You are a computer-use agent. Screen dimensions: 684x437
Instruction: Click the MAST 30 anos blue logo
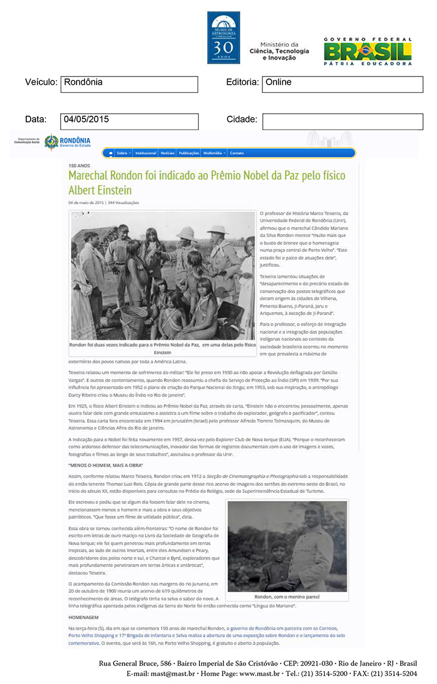(223, 38)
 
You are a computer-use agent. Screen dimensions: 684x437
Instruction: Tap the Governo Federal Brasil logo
(367, 51)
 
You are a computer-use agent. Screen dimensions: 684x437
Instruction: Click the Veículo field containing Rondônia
(129, 84)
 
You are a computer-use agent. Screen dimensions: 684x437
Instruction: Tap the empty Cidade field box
(342, 121)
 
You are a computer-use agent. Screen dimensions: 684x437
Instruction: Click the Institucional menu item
(146, 153)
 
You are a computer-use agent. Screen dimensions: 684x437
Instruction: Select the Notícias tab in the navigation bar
(168, 153)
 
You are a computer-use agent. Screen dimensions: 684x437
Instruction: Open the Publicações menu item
(189, 153)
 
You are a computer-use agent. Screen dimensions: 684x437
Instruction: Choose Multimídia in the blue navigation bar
(213, 153)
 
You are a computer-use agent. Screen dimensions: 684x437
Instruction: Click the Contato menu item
(237, 153)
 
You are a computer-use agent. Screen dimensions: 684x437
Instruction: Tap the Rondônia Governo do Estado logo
(67, 142)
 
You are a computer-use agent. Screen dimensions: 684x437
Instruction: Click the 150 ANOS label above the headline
(79, 166)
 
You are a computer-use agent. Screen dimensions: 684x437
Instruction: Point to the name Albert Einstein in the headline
(100, 190)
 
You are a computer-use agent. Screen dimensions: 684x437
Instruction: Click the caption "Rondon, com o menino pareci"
(287, 597)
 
